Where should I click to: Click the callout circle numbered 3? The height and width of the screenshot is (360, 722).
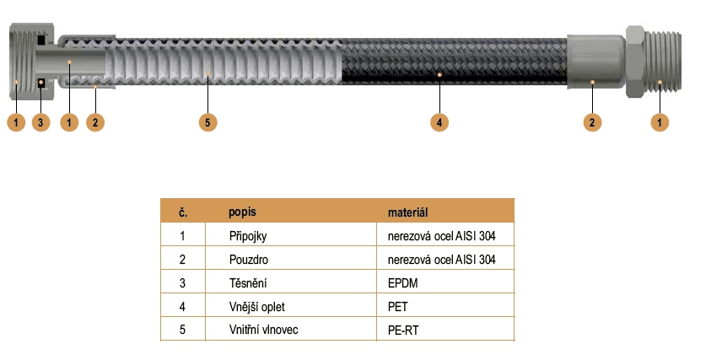[41, 122]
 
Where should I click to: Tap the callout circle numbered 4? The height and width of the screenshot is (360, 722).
[439, 122]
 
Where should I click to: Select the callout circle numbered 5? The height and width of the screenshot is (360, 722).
[208, 122]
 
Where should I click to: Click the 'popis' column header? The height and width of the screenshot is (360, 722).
[242, 211]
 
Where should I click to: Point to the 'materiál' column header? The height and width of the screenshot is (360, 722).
[409, 211]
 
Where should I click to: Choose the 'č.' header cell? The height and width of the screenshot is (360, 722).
[182, 211]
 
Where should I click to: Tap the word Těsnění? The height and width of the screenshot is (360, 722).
[246, 283]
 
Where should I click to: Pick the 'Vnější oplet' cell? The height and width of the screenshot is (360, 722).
[256, 307]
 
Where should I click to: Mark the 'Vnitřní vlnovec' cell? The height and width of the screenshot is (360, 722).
[262, 330]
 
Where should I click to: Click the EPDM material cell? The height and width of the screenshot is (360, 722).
[401, 283]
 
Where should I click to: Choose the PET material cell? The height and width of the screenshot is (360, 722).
[396, 307]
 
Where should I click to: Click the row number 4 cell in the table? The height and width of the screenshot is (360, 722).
[182, 307]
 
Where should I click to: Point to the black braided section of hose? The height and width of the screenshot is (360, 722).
[447, 63]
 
